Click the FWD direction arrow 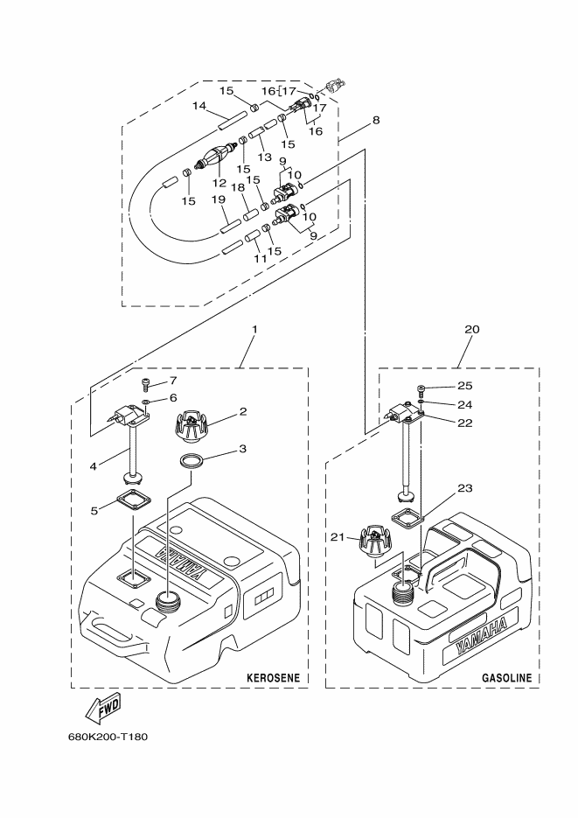pyautogui.click(x=103, y=708)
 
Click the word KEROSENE pyautogui.click(x=273, y=678)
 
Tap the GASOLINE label pyautogui.click(x=506, y=678)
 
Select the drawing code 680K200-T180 pyautogui.click(x=108, y=738)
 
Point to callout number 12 pyautogui.click(x=219, y=183)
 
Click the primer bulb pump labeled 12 pyautogui.click(x=219, y=157)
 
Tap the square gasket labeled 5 pyautogui.click(x=134, y=501)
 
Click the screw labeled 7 pyautogui.click(x=146, y=386)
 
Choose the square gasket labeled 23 pyautogui.click(x=408, y=518)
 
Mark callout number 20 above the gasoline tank pyautogui.click(x=472, y=329)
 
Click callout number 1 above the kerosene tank pyautogui.click(x=254, y=329)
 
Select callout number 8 pyautogui.click(x=376, y=120)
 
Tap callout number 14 pyautogui.click(x=199, y=106)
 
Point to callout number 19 pyautogui.click(x=219, y=199)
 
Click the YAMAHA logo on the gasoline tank pyautogui.click(x=481, y=636)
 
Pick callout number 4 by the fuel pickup pyautogui.click(x=94, y=465)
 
